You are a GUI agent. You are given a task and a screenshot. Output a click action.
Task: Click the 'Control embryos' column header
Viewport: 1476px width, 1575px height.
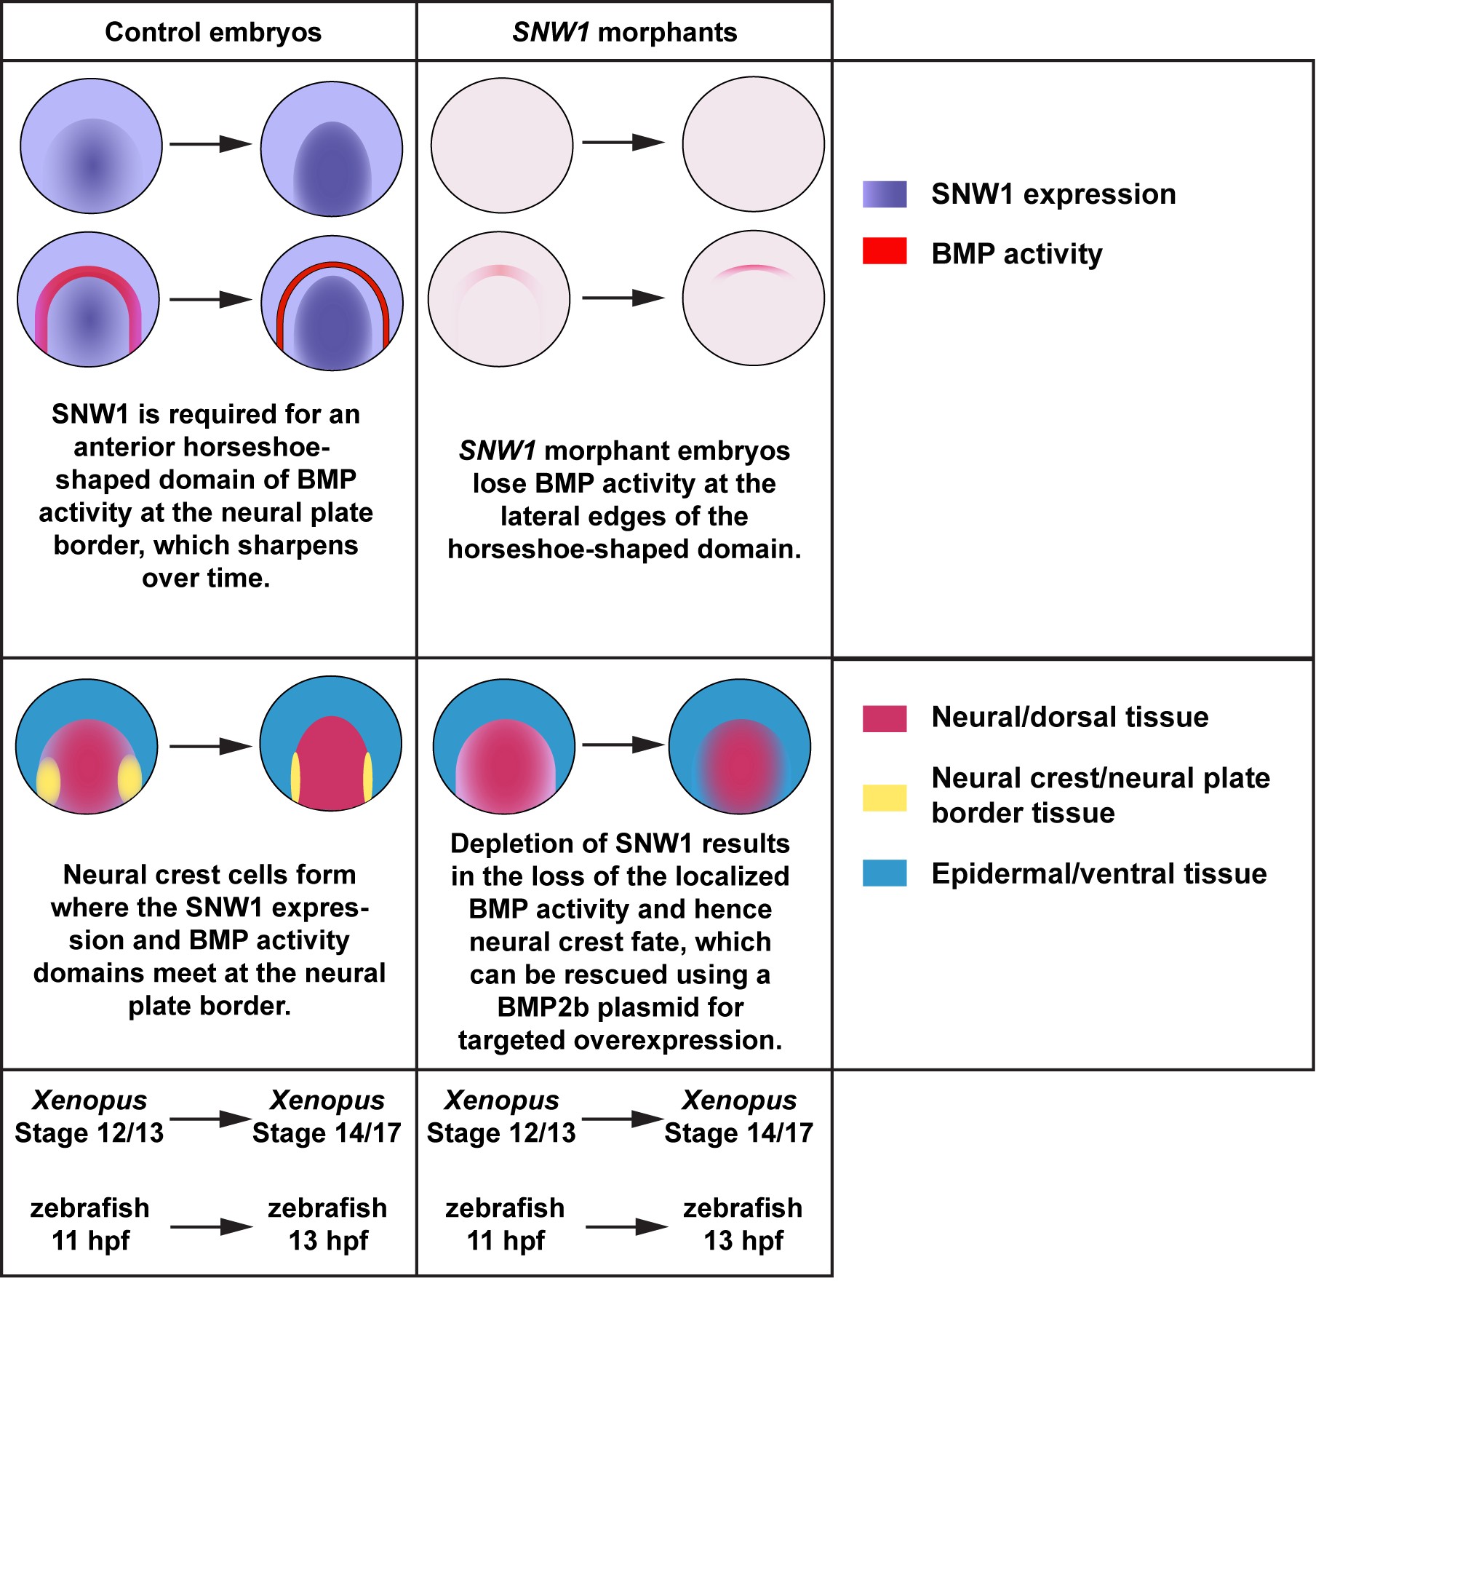(212, 33)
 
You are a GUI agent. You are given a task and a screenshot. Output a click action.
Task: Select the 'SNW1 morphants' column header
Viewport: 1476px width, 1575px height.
(624, 33)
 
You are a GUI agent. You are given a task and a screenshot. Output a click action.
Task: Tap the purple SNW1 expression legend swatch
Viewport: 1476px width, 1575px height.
(884, 194)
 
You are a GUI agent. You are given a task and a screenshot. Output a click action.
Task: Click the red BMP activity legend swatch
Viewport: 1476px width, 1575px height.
(884, 251)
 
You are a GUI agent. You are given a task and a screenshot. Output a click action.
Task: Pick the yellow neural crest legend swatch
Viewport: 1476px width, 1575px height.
(884, 797)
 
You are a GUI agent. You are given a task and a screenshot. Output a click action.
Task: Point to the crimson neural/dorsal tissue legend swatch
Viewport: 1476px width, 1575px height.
(884, 718)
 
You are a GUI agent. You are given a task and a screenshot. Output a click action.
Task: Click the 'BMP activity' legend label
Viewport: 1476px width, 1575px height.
(1016, 253)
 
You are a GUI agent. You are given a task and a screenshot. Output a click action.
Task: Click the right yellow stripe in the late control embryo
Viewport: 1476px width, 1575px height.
(367, 776)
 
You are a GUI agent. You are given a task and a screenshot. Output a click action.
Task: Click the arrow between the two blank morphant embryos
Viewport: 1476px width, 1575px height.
(623, 143)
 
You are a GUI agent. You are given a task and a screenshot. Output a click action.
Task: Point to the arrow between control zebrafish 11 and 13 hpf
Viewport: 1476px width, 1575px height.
(211, 1226)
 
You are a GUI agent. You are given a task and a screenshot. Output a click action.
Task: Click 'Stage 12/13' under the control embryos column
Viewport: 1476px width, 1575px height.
(89, 1132)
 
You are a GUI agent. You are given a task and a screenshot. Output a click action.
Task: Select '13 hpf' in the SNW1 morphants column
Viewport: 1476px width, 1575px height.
(743, 1240)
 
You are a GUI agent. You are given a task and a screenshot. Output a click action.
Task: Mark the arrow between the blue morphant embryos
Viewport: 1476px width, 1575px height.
(623, 745)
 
